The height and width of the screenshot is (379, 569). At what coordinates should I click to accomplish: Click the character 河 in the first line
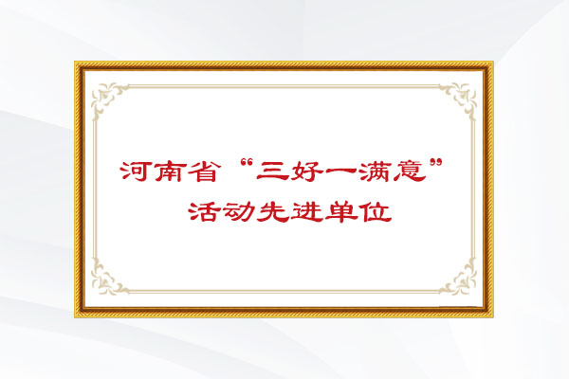pos(135,171)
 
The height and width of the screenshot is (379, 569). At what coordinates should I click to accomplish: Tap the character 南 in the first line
pos(169,171)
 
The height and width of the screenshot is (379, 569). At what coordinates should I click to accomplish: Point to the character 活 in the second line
pos(203,211)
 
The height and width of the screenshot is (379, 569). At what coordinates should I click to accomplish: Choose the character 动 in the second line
pos(237,211)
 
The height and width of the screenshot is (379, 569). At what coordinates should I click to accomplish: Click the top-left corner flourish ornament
pos(104,95)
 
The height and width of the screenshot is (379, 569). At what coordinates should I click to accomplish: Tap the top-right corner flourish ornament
pos(462,95)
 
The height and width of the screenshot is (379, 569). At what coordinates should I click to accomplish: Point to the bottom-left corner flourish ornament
pos(104,280)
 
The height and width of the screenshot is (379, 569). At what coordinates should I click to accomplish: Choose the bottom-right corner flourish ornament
pos(462,280)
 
